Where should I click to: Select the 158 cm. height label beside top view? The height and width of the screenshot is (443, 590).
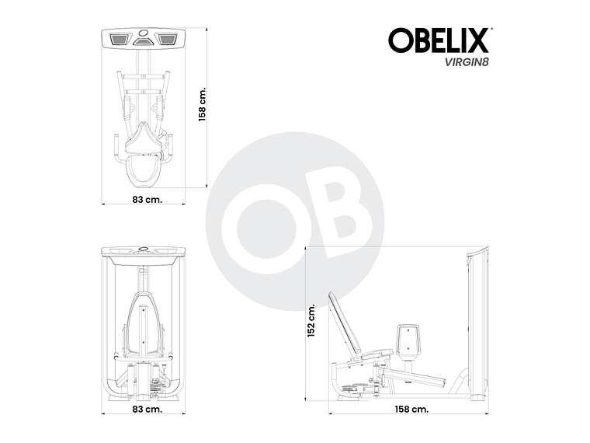pos(202,103)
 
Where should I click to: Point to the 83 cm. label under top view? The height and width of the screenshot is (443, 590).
pos(142,200)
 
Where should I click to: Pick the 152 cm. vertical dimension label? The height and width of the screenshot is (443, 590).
pos(311,320)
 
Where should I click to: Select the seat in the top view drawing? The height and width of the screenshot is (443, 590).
pos(143,142)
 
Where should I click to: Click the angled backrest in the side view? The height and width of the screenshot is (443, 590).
pos(344,325)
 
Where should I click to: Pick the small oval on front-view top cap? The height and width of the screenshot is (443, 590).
pos(143,250)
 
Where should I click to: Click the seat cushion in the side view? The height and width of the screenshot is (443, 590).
pos(371,357)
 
